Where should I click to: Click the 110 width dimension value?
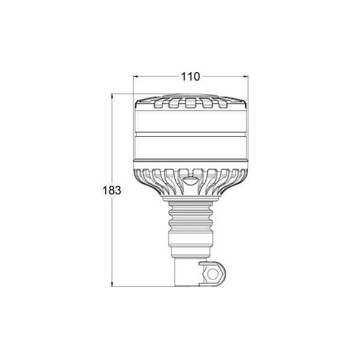[190, 77]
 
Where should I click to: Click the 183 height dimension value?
[112, 190]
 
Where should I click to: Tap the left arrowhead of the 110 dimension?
[136, 76]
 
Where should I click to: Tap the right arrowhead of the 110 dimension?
[246, 76]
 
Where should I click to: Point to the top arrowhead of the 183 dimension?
[112, 96]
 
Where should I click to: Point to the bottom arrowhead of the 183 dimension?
[112, 284]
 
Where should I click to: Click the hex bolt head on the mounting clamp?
[212, 274]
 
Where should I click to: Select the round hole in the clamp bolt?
[212, 274]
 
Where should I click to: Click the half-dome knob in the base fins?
[190, 181]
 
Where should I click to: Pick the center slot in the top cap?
[191, 103]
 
